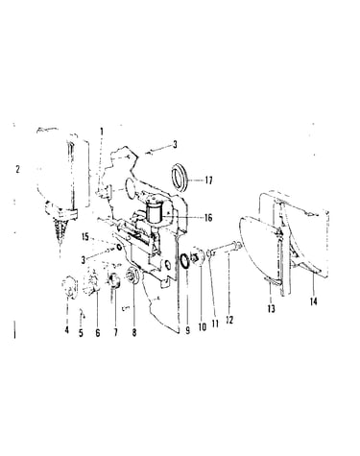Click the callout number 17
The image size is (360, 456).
(208, 180)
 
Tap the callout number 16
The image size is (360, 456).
(208, 218)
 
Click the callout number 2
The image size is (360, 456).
(17, 169)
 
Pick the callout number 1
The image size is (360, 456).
(102, 132)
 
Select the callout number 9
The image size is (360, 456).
(187, 330)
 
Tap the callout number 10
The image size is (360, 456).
(203, 326)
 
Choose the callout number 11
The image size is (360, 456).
(215, 324)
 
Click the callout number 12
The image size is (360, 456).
(229, 320)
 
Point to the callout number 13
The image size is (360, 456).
(272, 309)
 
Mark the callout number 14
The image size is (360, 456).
(314, 301)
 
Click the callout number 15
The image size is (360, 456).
(85, 237)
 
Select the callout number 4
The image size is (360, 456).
(66, 329)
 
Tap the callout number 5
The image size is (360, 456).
(81, 333)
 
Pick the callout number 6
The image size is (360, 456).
(98, 332)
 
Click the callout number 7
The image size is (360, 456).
(115, 332)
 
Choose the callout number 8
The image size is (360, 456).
(134, 332)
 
